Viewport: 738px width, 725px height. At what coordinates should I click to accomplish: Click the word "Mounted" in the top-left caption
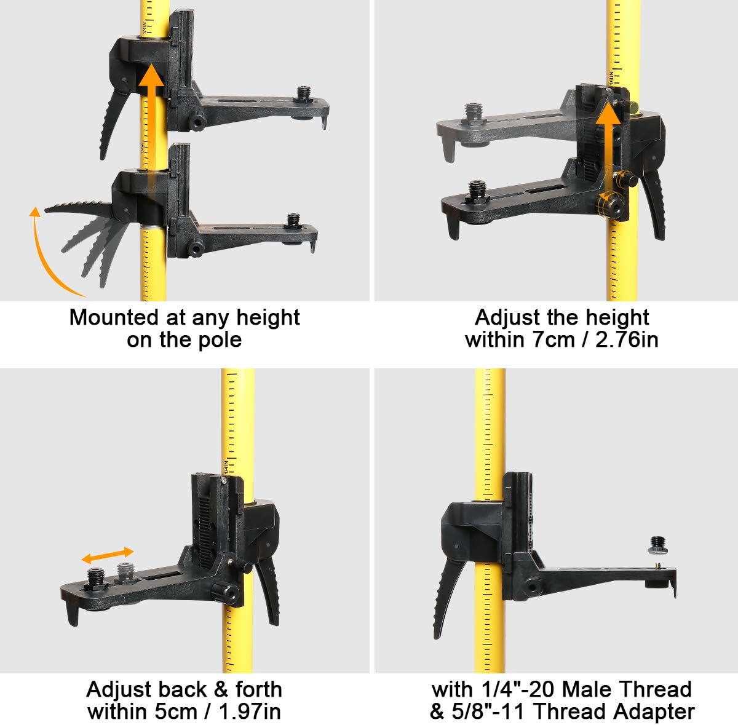tap(114, 317)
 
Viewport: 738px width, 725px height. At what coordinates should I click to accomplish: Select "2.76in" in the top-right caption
tap(627, 339)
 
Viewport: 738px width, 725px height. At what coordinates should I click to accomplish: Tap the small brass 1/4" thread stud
tap(658, 565)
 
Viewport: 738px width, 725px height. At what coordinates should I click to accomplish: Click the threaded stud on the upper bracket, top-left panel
tap(304, 95)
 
